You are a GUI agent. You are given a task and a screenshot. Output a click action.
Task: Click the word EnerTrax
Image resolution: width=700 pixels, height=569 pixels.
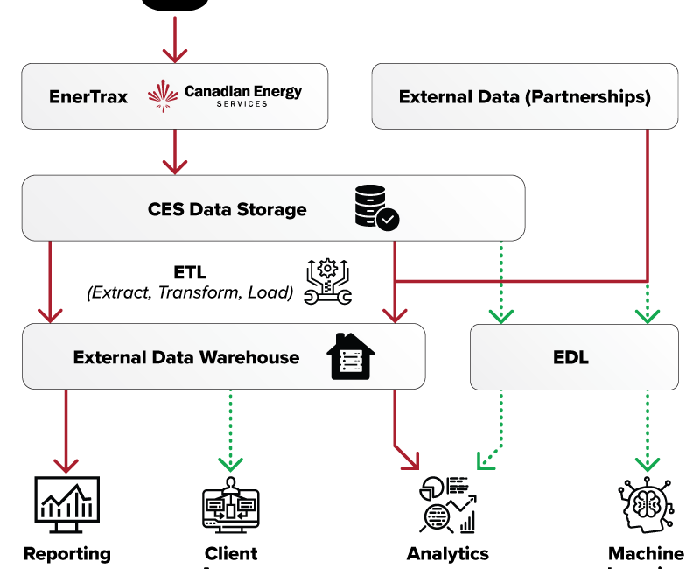click(88, 96)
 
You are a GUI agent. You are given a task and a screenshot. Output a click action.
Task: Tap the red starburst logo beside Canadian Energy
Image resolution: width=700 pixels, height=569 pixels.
click(163, 96)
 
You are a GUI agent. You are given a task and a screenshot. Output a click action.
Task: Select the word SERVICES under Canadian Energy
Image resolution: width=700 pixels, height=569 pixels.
click(243, 104)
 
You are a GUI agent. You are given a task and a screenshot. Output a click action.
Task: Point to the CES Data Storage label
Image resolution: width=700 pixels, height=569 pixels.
click(227, 209)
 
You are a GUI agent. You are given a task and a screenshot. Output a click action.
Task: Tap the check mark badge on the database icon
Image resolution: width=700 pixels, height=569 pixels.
click(388, 219)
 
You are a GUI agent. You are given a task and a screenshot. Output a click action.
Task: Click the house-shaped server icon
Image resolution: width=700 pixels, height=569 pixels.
click(349, 356)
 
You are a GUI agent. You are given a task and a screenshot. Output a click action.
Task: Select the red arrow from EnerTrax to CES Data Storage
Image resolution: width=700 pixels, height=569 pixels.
click(175, 153)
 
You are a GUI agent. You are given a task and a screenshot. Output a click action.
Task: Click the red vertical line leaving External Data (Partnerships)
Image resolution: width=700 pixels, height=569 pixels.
click(647, 201)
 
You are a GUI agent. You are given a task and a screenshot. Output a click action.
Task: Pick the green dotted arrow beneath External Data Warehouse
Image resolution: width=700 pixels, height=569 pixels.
click(230, 433)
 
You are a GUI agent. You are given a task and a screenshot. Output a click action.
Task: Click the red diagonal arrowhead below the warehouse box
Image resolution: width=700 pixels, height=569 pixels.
click(409, 460)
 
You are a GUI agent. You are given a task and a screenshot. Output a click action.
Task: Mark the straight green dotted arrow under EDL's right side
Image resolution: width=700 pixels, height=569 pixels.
click(647, 433)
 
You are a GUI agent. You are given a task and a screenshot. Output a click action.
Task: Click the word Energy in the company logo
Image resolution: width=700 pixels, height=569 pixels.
click(273, 90)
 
